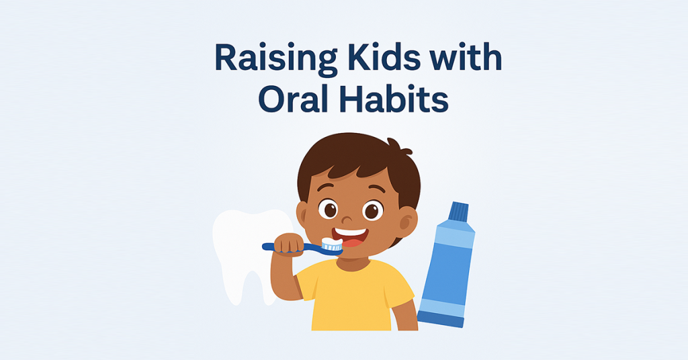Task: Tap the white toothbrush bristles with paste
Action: [332, 244]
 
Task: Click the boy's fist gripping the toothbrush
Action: [289, 244]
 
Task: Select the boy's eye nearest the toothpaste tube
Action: [373, 210]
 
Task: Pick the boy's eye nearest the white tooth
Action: [328, 208]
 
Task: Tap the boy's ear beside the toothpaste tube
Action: [406, 220]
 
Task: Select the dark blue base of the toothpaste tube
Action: [440, 320]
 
